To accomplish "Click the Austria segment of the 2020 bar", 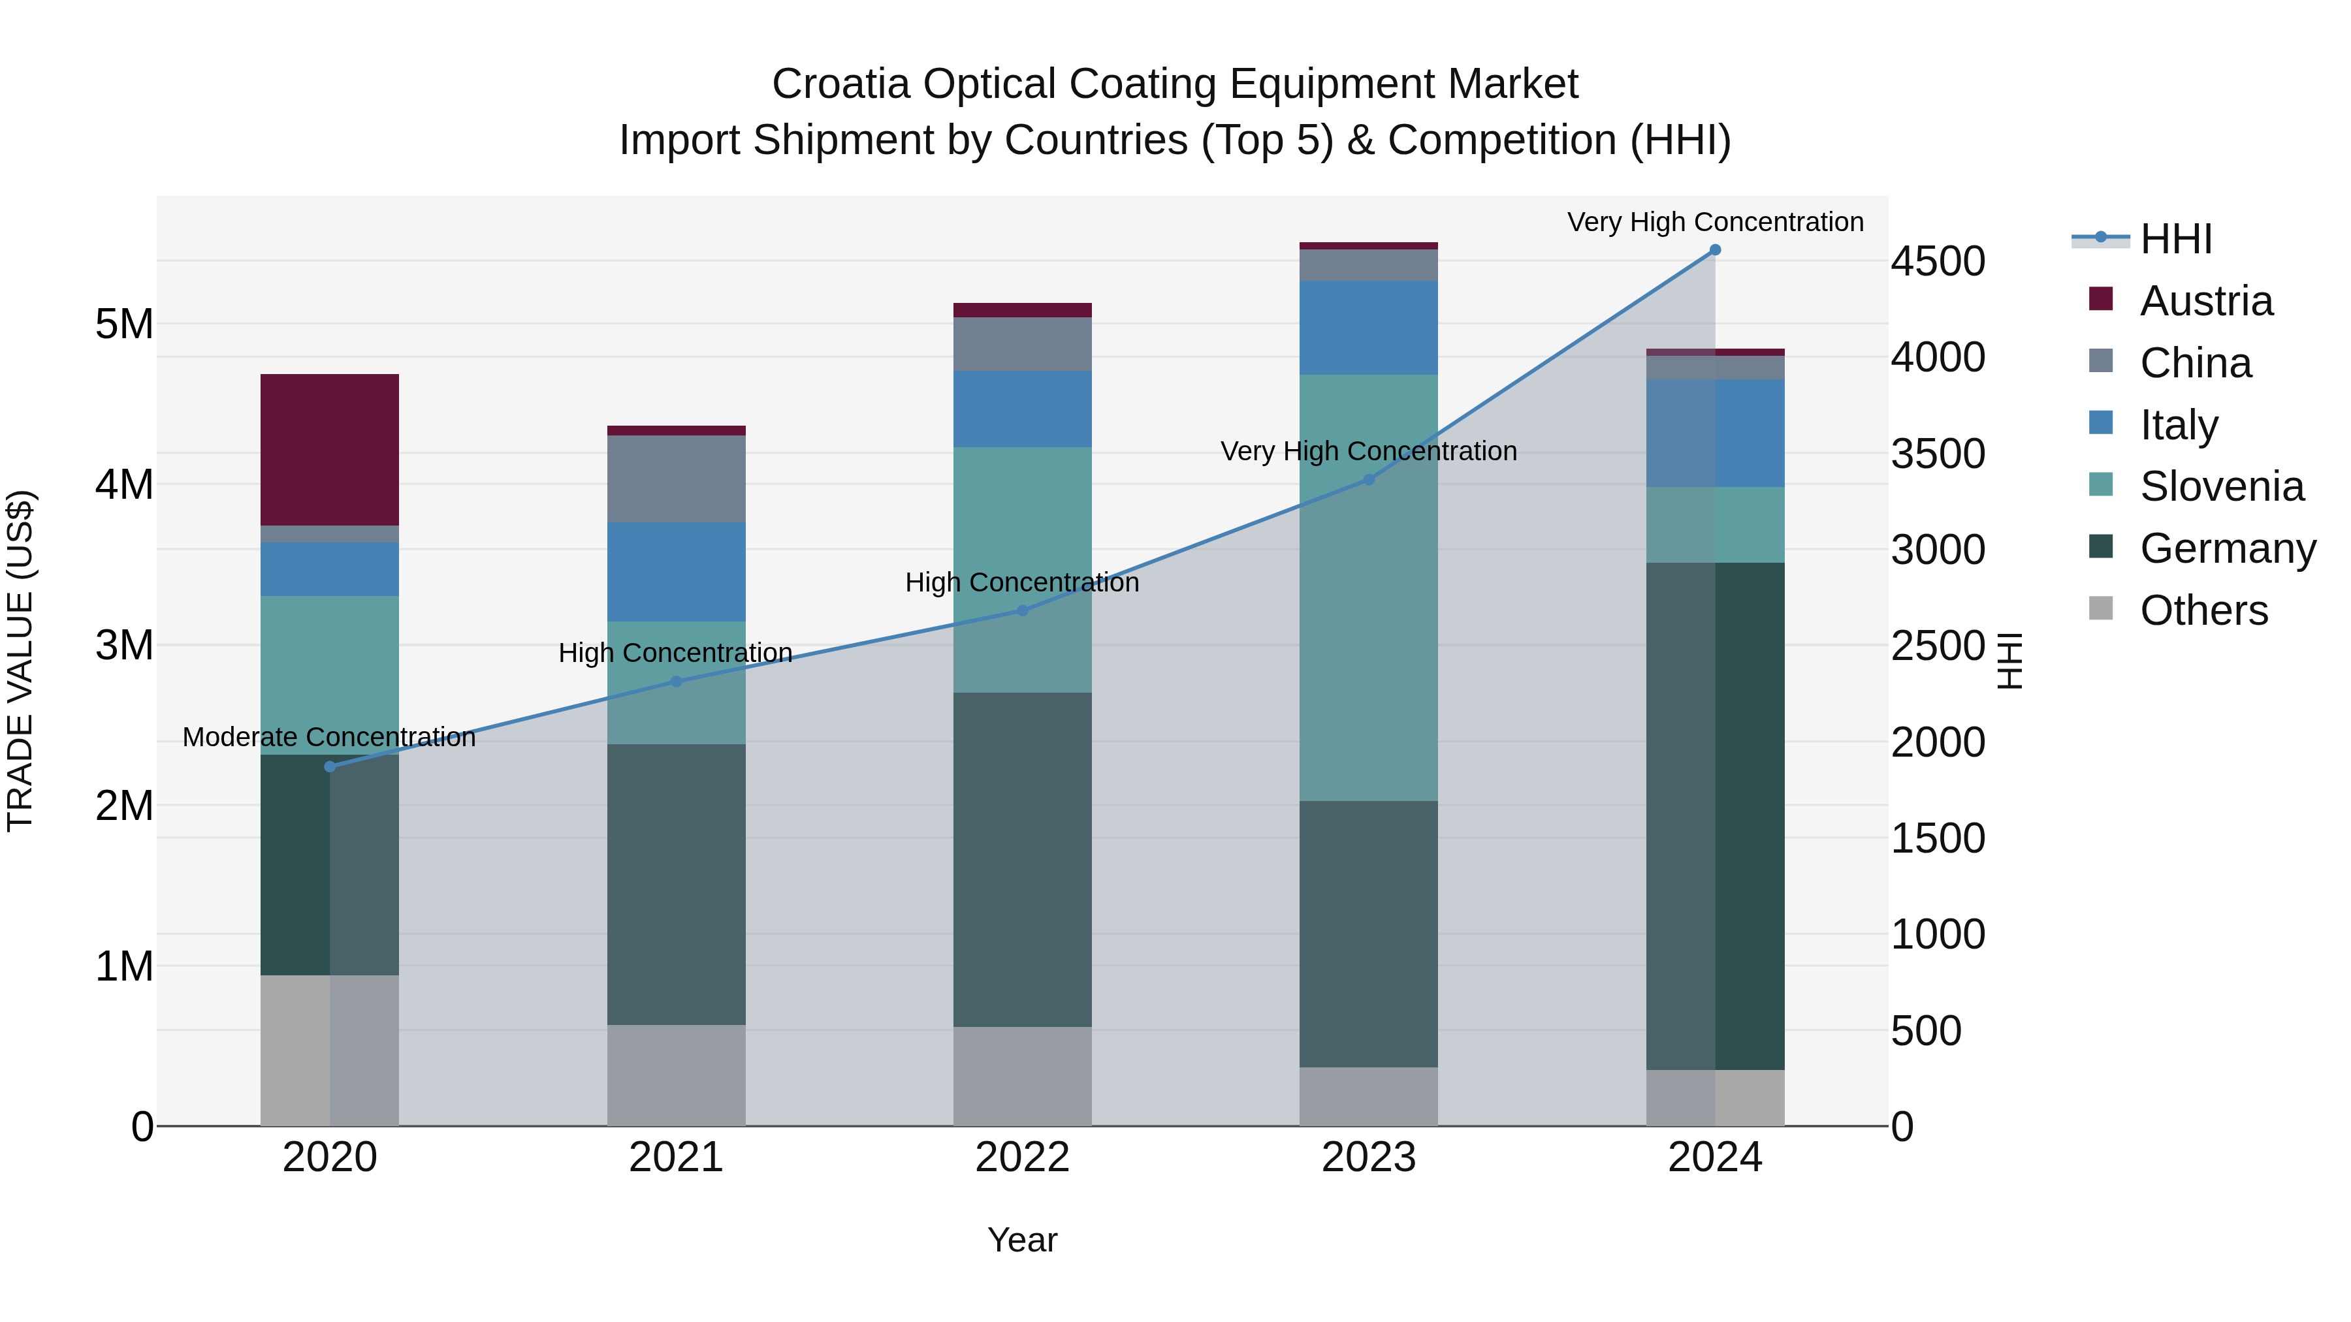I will (330, 449).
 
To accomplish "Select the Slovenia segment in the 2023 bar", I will (1368, 587).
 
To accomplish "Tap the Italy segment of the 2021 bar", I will (677, 571).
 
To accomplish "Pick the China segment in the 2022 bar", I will (1022, 344).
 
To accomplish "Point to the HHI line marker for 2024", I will (1715, 250).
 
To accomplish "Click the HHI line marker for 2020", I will (330, 766).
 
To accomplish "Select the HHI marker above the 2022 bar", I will (1022, 610).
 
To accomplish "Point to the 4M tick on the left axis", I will (125, 484).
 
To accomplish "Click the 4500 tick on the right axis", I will (1937, 262).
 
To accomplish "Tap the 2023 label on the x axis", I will (1368, 1157).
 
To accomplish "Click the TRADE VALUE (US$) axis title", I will (21, 661).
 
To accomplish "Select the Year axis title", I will (1022, 1240).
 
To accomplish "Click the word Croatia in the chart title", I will (840, 85).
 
